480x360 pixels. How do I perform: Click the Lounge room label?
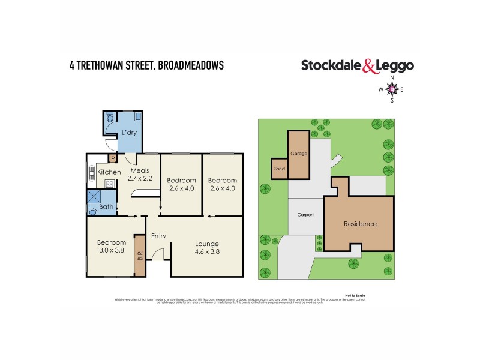tap(206, 244)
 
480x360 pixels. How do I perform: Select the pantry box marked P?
tap(112, 159)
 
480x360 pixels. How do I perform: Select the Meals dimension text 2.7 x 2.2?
tap(139, 179)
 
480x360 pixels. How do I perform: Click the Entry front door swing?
tap(157, 257)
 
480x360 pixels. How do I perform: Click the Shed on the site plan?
tap(280, 169)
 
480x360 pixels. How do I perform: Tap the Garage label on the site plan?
tap(299, 154)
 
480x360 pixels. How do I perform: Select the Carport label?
tap(306, 214)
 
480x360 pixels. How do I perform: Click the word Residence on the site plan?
tap(360, 224)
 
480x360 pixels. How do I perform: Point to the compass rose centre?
tap(392, 89)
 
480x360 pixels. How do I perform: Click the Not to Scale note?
tap(355, 295)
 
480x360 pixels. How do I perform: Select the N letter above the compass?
tap(392, 78)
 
